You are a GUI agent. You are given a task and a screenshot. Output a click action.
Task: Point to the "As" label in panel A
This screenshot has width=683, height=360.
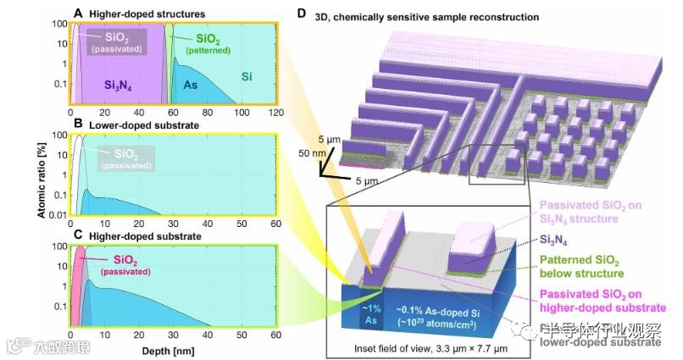coord(191,86)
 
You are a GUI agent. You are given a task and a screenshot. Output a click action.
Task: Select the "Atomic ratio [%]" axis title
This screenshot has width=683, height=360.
coord(41,180)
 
